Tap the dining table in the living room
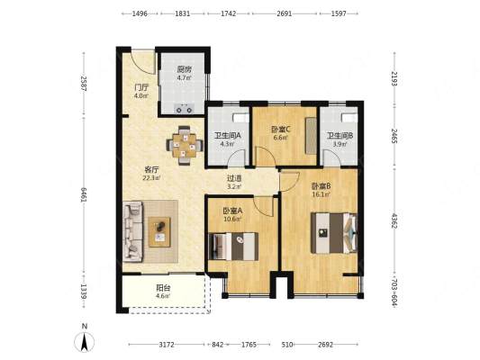[185, 145]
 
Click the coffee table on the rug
[159, 232]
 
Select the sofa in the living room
[133, 231]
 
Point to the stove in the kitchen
[184, 109]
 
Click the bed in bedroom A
[233, 247]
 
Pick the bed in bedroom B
[334, 233]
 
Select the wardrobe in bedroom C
[311, 136]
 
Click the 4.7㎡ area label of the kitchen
[184, 77]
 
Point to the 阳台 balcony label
[163, 287]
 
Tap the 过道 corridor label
[234, 178]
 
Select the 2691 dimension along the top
[284, 13]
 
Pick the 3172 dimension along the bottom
[167, 345]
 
